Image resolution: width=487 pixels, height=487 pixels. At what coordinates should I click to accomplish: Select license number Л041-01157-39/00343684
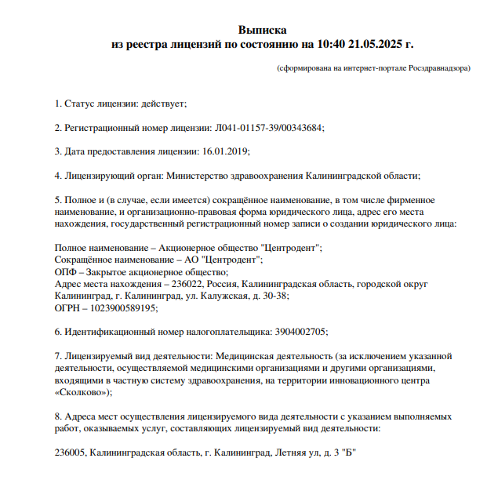[268, 128]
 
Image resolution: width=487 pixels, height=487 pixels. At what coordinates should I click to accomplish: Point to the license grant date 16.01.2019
[227, 151]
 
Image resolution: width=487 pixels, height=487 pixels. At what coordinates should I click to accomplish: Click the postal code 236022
[188, 284]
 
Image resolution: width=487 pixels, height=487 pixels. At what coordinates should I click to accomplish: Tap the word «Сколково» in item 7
[82, 392]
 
